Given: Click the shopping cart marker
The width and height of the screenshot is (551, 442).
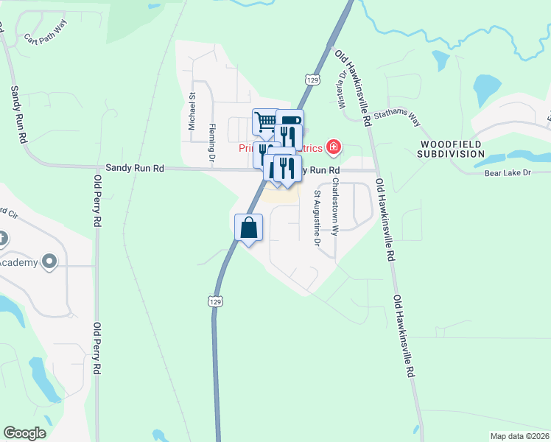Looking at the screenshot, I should coord(264,121).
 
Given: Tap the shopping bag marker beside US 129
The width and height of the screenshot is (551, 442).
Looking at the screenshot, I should coord(249,227).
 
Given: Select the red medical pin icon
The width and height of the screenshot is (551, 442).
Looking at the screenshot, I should coord(334,147).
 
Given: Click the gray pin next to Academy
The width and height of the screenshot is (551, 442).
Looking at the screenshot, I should coord(50,262).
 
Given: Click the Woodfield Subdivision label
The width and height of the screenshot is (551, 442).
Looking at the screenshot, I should coord(452,149).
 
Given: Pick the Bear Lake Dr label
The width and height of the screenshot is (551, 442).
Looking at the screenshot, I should coord(508,173).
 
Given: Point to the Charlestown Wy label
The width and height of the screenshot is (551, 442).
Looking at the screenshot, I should coord(334,206).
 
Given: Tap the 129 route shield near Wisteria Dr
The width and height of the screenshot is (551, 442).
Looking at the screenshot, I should coord(313,79).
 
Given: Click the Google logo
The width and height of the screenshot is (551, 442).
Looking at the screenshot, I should coord(24,432).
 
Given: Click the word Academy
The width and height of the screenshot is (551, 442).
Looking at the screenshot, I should coord(18,262).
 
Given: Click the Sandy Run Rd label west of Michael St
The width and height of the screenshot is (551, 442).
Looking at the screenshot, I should coord(134,168).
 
